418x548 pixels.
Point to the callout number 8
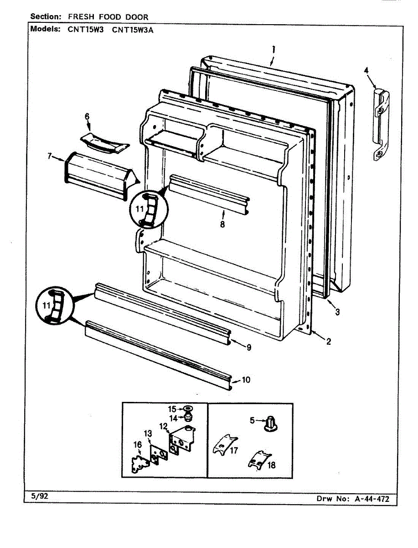[x=222, y=224]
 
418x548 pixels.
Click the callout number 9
[x=249, y=348]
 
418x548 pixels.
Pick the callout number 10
[x=246, y=380]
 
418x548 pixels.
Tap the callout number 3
[x=337, y=312]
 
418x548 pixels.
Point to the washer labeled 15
[x=187, y=409]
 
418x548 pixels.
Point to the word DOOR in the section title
[x=137, y=17]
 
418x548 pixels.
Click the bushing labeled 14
[x=187, y=417]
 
